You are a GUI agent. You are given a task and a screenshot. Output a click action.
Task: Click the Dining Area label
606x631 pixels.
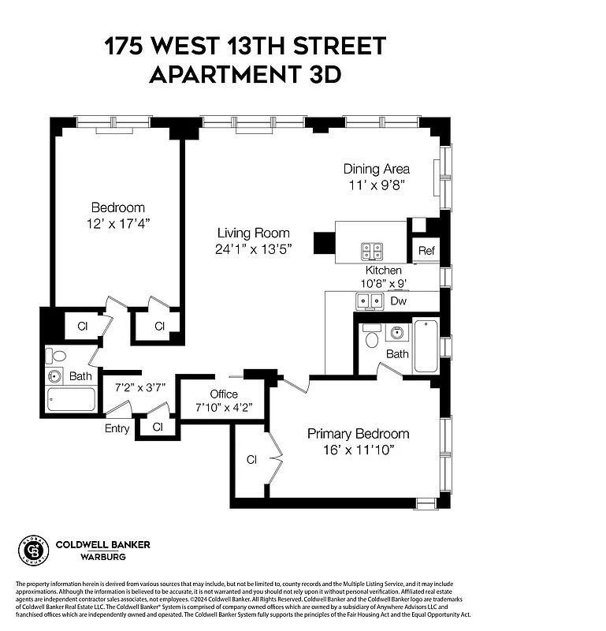[376, 169]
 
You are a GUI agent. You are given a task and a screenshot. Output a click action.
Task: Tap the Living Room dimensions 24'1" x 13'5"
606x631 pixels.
[254, 249]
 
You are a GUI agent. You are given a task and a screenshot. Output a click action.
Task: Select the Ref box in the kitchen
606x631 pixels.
[426, 251]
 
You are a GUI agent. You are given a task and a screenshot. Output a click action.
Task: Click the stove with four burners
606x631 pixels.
[372, 251]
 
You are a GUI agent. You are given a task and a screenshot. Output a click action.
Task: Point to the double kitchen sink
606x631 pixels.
[369, 301]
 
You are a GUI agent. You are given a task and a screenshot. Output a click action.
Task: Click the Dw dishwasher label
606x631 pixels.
[399, 301]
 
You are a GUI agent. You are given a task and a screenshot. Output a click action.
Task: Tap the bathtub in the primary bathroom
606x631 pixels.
[426, 345]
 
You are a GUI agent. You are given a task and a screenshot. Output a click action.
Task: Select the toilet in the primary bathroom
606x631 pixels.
[372, 336]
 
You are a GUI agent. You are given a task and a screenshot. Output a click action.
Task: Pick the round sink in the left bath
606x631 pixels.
[55, 376]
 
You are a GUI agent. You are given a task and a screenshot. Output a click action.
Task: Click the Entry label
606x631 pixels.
[117, 428]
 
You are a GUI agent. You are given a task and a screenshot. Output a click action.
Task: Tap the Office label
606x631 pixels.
[224, 394]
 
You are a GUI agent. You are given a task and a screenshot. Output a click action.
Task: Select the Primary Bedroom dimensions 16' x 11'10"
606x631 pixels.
[359, 450]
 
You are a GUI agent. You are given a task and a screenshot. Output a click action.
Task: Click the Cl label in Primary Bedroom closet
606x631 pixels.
[252, 459]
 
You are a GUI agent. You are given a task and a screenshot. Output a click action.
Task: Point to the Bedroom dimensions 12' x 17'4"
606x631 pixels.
[117, 223]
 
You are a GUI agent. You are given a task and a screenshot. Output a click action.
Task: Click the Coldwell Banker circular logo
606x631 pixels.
[32, 551]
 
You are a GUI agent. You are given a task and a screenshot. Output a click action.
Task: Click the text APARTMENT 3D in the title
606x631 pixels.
[245, 74]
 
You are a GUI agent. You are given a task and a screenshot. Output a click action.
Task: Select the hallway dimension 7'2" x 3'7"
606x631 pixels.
[139, 388]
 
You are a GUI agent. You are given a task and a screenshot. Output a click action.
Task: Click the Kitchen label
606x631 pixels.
[383, 271]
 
